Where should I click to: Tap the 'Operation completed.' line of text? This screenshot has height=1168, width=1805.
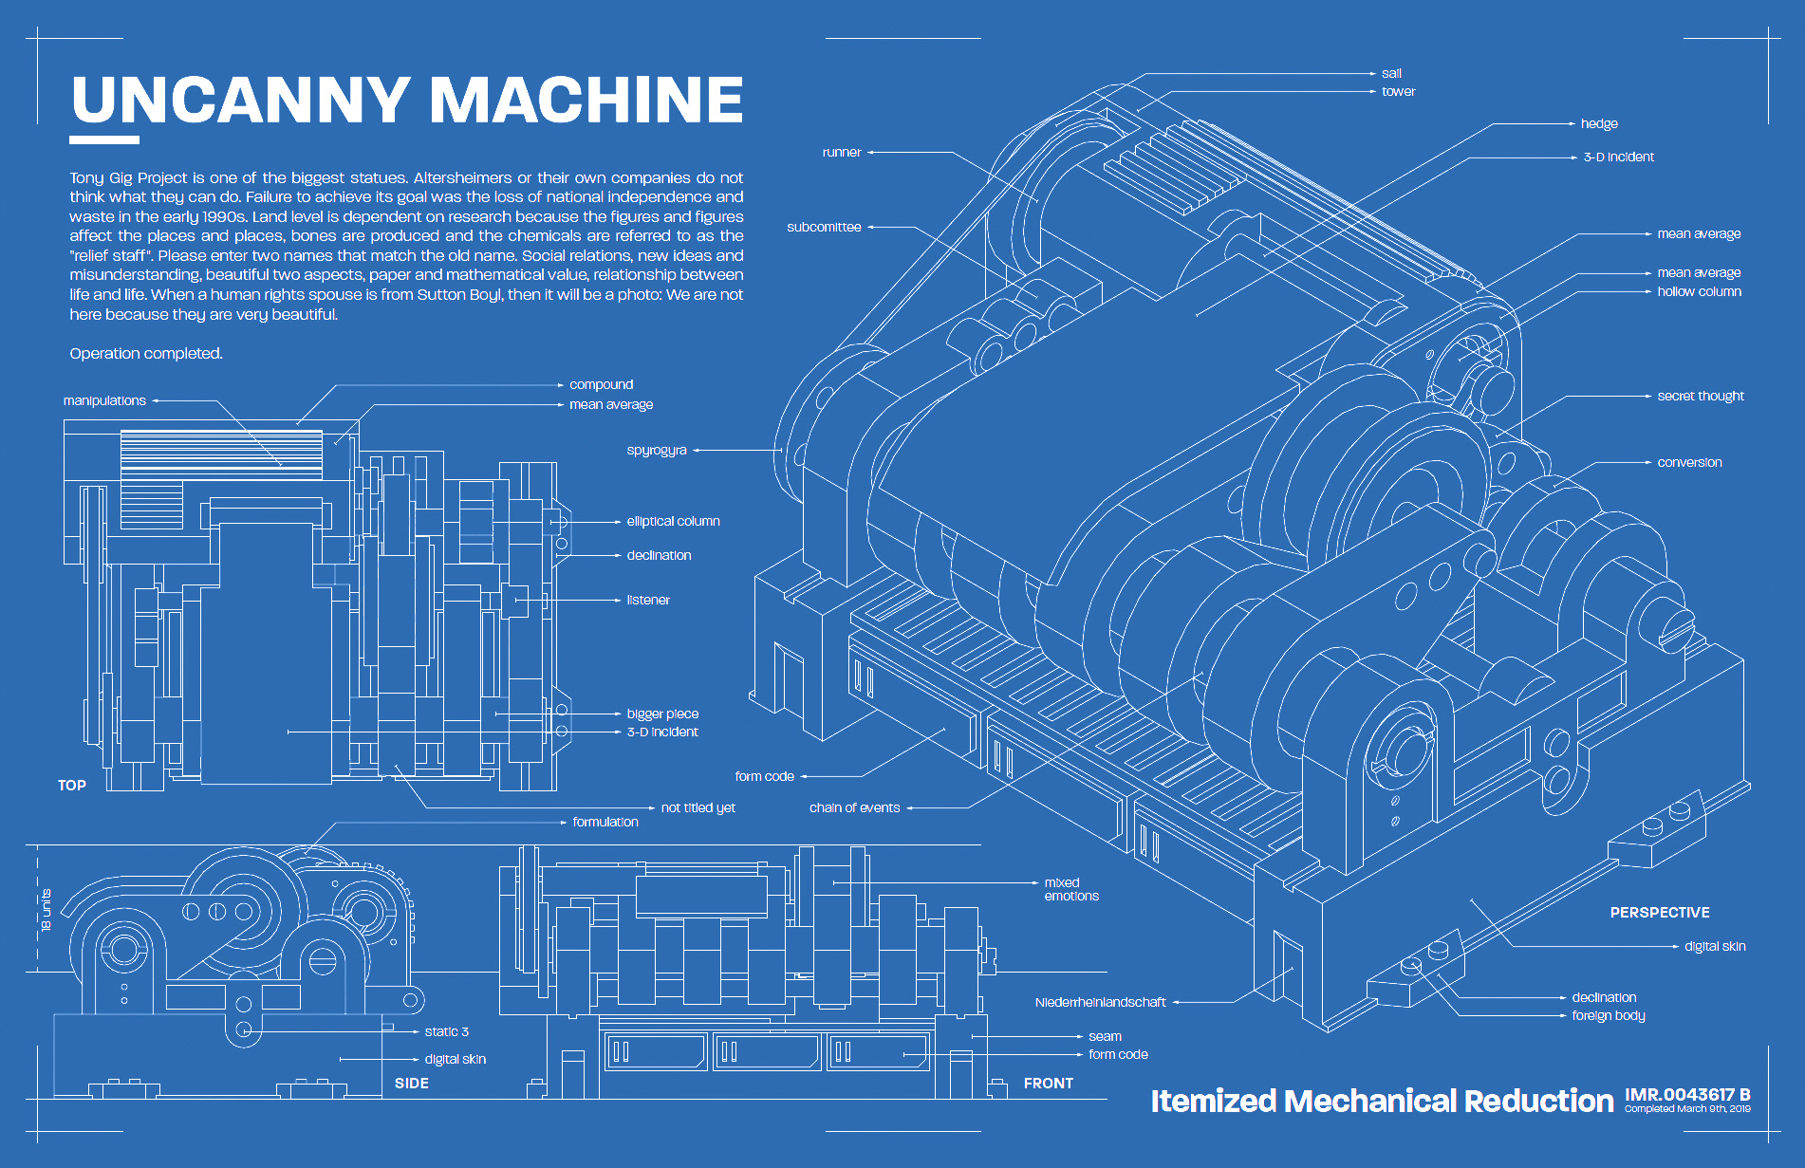(x=146, y=354)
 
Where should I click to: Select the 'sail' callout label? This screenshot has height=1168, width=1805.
(x=1391, y=74)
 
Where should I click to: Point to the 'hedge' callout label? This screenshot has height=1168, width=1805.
(x=1599, y=124)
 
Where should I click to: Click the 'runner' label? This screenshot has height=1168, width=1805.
(x=842, y=153)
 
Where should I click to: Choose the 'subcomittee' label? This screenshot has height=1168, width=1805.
(x=824, y=228)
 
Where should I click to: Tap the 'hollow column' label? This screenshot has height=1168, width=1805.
(x=1699, y=292)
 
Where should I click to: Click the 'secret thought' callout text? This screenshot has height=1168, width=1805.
(x=1701, y=397)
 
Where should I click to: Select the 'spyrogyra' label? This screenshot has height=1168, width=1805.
(x=657, y=451)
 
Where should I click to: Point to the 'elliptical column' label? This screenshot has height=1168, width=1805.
(x=673, y=522)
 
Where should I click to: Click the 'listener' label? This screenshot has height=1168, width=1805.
(x=648, y=601)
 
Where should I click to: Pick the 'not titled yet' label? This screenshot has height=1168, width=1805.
(x=698, y=808)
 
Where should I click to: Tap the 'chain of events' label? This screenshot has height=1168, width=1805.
(x=854, y=808)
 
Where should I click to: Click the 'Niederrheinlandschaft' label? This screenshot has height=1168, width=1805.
(x=1100, y=1003)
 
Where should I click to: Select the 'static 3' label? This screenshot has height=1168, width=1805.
(x=446, y=1032)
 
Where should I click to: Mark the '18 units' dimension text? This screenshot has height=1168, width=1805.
(x=47, y=910)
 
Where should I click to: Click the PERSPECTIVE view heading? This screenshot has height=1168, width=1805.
(x=1660, y=913)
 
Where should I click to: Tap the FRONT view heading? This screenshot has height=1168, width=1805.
(x=1048, y=1084)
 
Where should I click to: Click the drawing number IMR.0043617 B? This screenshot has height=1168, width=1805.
(x=1687, y=1095)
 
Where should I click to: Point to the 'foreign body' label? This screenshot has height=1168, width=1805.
(x=1609, y=1016)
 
